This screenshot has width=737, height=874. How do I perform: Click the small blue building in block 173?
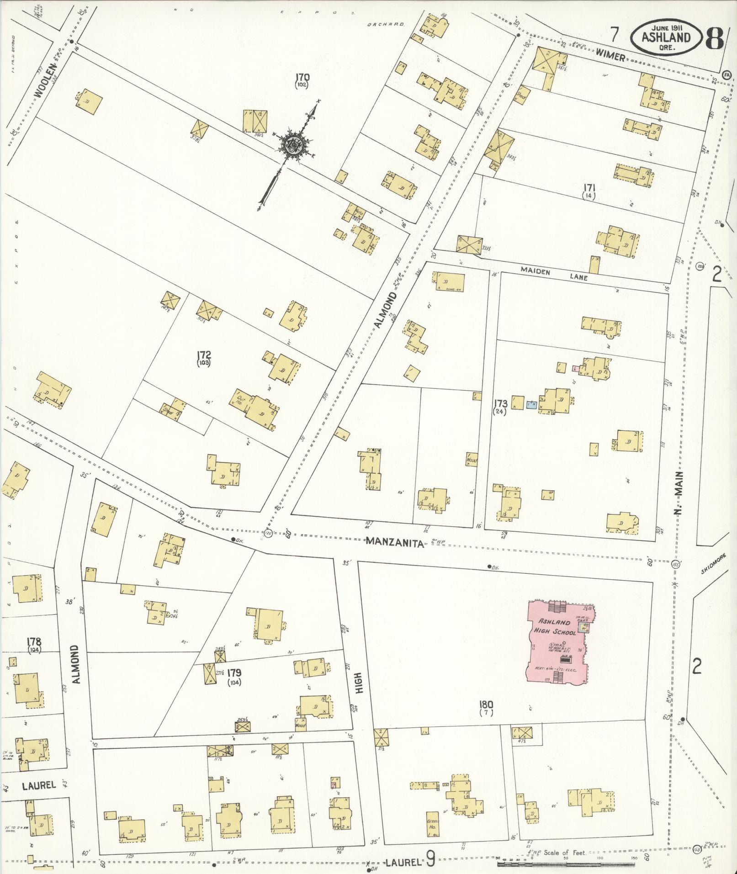click(530, 405)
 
